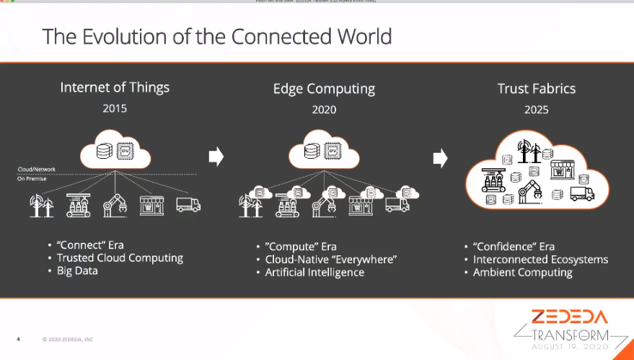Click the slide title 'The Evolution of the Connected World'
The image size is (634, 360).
pos(216,36)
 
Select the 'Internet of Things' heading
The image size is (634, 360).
pos(115,87)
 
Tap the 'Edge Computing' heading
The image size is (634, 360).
pos(324,89)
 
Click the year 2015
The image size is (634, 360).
pos(115,110)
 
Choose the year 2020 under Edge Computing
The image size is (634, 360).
pos(324,110)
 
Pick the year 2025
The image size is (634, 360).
pos(536,110)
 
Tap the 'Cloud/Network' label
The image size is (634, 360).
pos(37,170)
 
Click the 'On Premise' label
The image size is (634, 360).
pos(32,178)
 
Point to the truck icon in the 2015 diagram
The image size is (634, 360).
pos(188,205)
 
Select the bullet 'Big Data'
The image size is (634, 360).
pos(78,271)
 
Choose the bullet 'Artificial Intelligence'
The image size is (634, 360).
pos(314,272)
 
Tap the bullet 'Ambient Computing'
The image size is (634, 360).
pos(522,272)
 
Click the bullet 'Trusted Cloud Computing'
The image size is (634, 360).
pos(120,258)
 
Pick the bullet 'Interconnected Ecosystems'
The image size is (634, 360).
pos(540,259)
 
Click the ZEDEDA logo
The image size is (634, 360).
pos(570,317)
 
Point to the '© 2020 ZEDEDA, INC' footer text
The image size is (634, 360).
pos(67,339)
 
